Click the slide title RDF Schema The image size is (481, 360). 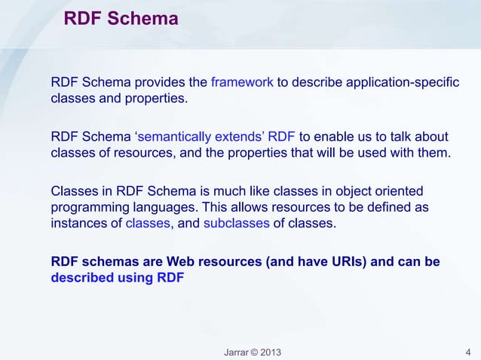pyautogui.click(x=121, y=18)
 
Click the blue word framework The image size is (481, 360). pyautogui.click(x=242, y=82)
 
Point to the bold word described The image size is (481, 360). pyautogui.click(x=79, y=277)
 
